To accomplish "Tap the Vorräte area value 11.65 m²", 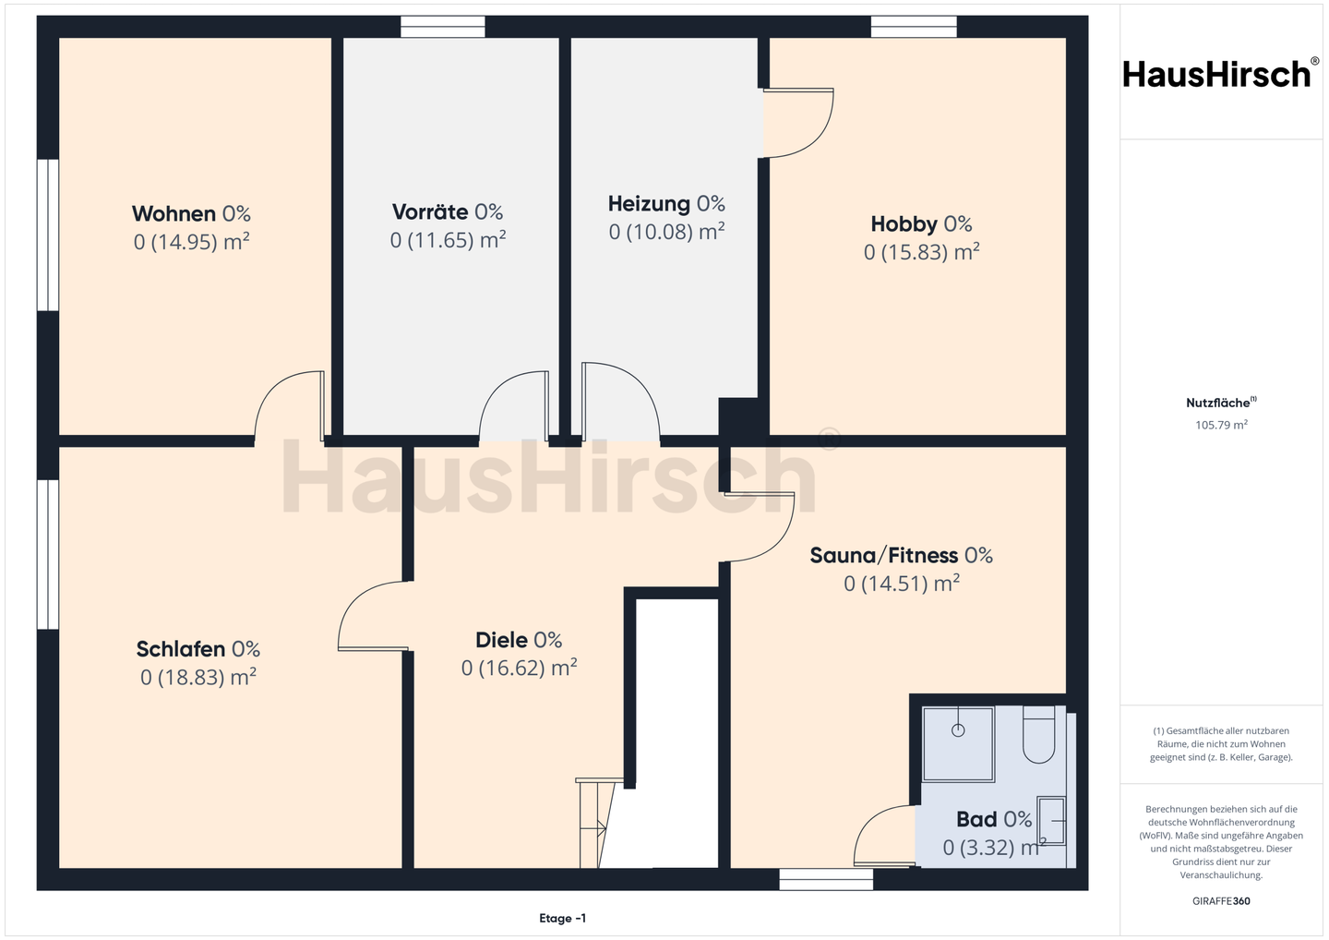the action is [x=448, y=240].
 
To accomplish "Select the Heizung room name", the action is [x=649, y=204].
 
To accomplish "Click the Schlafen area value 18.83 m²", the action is [x=198, y=677].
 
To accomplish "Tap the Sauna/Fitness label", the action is [x=883, y=556].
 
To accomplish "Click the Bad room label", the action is [x=976, y=820].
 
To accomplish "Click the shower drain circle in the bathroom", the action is [x=958, y=730].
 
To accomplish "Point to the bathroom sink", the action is [x=1051, y=821].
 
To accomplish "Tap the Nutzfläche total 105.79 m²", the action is [x=1221, y=425].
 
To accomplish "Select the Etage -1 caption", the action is [x=562, y=918].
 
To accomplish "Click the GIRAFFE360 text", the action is [x=1221, y=901].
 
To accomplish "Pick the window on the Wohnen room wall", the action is [x=48, y=235].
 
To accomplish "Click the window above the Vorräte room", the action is [x=443, y=27].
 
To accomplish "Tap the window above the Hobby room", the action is [x=914, y=27].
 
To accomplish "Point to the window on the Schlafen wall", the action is [x=48, y=554].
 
